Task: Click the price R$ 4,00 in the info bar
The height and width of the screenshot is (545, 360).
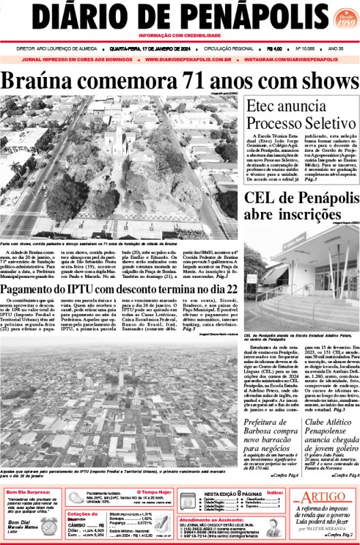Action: [275, 49]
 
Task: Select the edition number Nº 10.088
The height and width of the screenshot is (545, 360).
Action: [306, 49]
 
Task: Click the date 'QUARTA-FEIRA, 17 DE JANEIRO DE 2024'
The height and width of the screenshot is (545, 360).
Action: [147, 49]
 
